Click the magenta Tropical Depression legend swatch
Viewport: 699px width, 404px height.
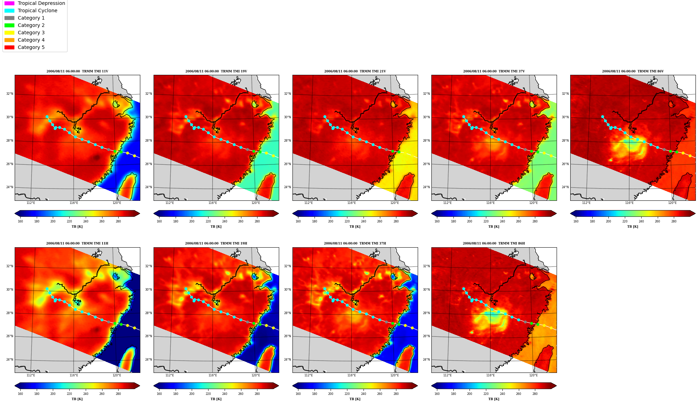pos(9,3)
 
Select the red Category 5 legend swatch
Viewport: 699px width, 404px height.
pos(9,47)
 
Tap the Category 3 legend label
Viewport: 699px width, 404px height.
pos(31,33)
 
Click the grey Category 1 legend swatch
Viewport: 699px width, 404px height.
pos(9,18)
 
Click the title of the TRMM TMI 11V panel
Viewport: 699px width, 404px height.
pos(77,71)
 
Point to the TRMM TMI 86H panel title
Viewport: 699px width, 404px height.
pos(494,243)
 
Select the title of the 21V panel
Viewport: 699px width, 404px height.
pos(355,71)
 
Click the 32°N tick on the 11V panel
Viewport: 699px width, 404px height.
pos(9,94)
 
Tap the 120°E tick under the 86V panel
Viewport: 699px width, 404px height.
pos(672,203)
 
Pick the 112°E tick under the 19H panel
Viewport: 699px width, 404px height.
pos(170,375)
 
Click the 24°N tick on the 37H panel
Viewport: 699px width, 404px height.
pos(287,360)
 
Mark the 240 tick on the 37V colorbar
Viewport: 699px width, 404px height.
pos(502,221)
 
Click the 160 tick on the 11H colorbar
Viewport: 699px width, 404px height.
pos(20,394)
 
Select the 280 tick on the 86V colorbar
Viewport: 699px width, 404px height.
pos(673,221)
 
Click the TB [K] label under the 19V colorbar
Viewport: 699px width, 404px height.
pos(216,227)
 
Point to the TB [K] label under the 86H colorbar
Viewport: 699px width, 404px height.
pos(494,399)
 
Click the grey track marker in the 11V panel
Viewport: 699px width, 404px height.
pos(108,150)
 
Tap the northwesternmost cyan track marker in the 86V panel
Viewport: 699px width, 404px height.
pos(602,117)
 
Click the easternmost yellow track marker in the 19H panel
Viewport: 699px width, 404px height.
pos(273,328)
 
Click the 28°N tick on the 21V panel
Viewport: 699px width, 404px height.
pos(287,141)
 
